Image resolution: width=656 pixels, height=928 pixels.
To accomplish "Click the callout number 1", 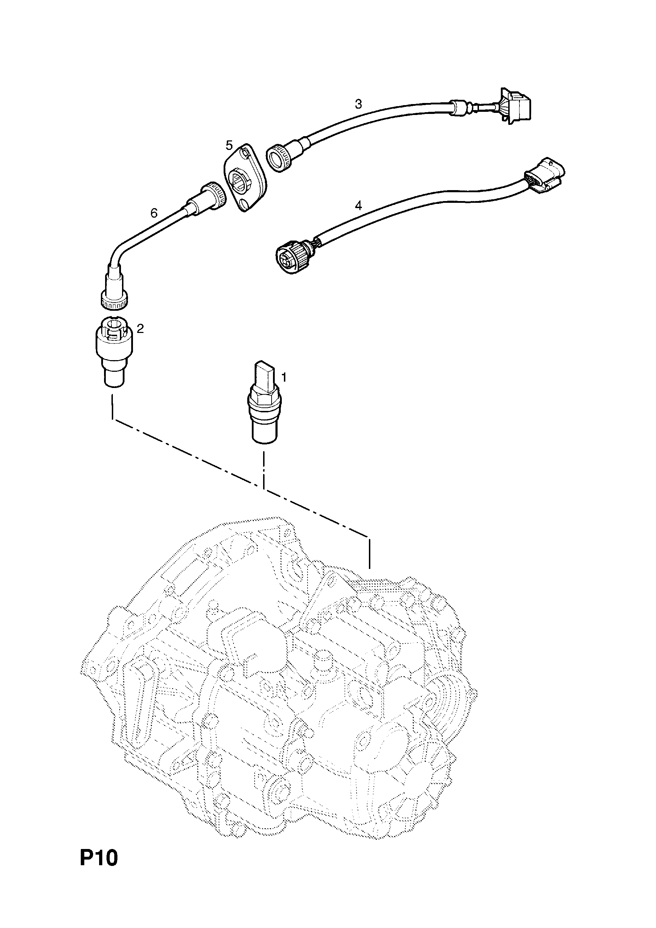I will pyautogui.click(x=284, y=377).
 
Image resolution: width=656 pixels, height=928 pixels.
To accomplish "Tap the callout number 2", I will pyautogui.click(x=140, y=329).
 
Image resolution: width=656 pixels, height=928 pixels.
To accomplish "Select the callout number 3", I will pyautogui.click(x=358, y=104).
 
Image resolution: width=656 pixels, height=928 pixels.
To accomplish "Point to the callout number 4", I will pyautogui.click(x=358, y=206).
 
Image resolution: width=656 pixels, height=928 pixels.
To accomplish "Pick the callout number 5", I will pyautogui.click(x=229, y=145).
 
